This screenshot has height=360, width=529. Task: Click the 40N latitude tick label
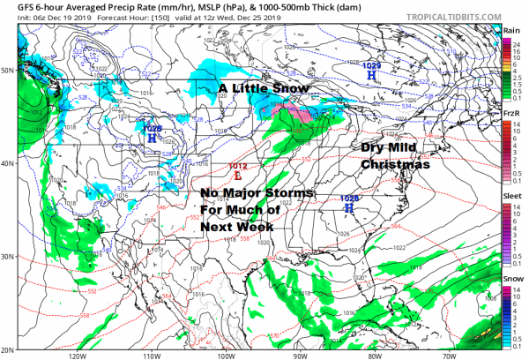[x=8, y=162]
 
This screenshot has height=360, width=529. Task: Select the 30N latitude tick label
[x=8, y=256]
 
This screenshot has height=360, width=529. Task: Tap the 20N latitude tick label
[x=8, y=348]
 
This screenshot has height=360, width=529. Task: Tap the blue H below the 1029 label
[x=372, y=77]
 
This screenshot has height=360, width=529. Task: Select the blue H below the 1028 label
[x=349, y=210]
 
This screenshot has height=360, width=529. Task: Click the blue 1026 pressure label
[x=152, y=129]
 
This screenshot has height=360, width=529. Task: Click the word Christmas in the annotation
[x=396, y=164]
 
